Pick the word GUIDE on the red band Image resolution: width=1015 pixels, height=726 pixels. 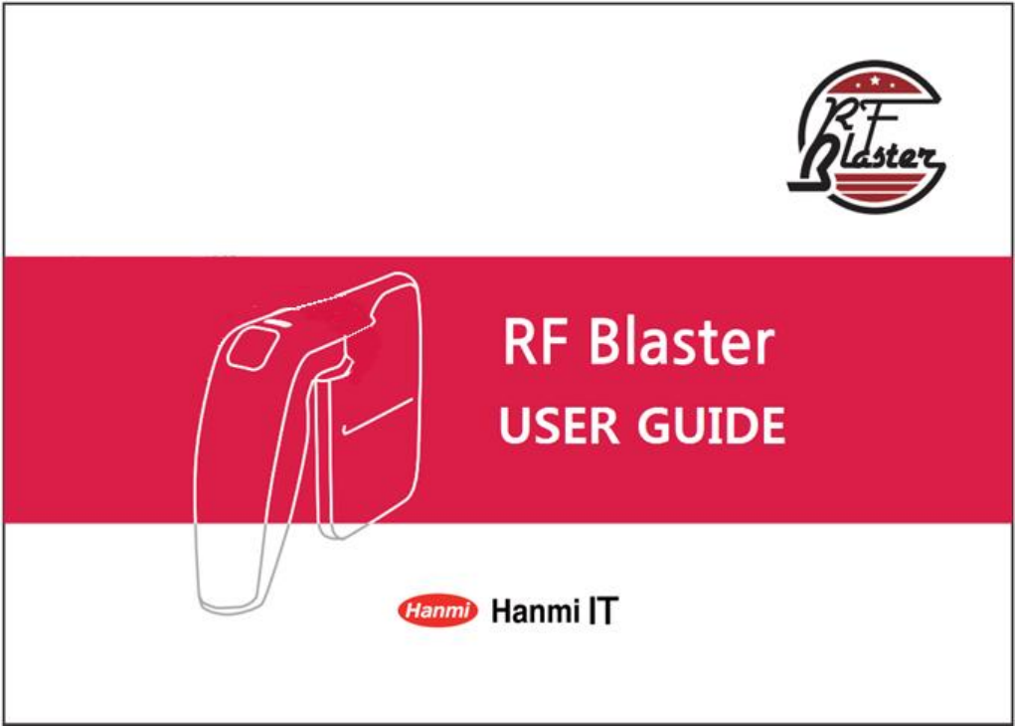[712, 426]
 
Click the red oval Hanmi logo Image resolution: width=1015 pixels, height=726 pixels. [437, 611]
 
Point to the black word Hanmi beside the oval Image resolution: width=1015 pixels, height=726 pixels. [536, 612]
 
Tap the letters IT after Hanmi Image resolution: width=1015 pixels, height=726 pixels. [603, 612]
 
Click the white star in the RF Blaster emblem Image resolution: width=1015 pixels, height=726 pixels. [875, 81]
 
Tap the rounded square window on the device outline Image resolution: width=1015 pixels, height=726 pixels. [252, 348]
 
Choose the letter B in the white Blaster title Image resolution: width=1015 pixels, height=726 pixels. [604, 343]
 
